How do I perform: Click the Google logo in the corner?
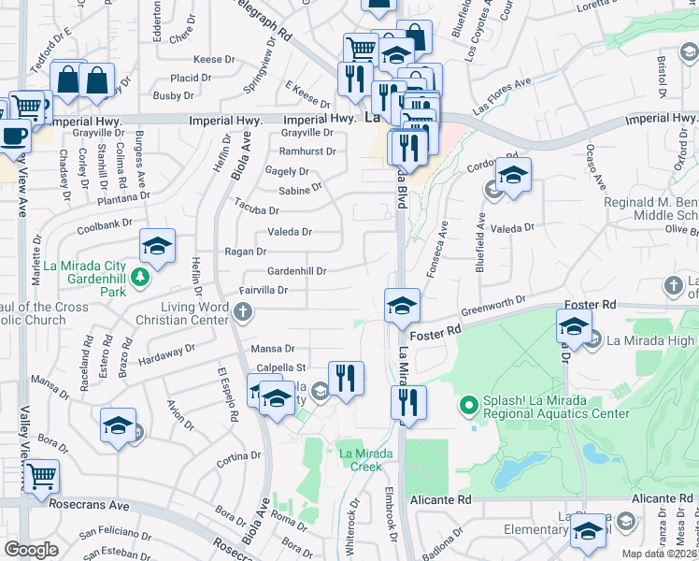[31, 550]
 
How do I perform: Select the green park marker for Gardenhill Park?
[139, 277]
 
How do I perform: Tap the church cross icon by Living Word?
[243, 311]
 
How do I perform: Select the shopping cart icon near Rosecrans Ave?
[41, 477]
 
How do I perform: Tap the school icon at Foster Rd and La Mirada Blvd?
[402, 306]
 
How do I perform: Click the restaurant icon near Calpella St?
[346, 378]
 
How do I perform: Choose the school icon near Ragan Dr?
[157, 247]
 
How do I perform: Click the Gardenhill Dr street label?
[297, 271]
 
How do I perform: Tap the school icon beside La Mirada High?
[574, 327]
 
